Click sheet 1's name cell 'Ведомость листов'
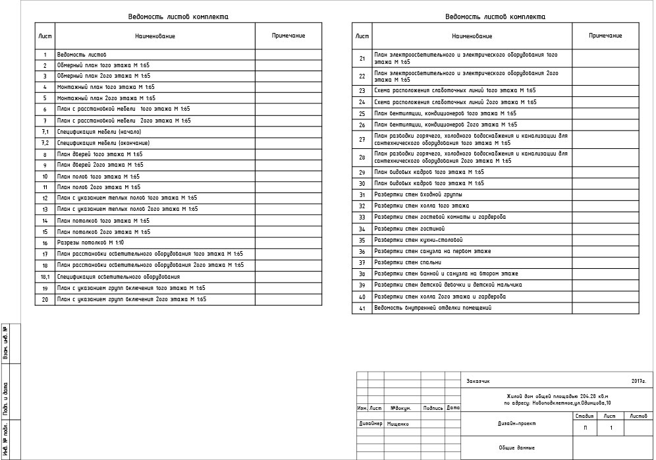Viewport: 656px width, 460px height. click(82, 55)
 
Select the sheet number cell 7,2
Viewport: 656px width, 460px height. click(45, 143)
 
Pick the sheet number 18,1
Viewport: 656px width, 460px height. click(45, 277)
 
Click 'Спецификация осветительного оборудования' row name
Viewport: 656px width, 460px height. click(119, 277)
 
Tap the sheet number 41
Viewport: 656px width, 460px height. click(362, 308)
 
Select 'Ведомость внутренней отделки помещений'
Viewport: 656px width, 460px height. click(433, 308)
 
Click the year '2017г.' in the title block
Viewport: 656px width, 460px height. click(638, 382)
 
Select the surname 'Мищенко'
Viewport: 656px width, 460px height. click(398, 424)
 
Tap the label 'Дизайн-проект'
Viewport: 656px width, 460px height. click(516, 424)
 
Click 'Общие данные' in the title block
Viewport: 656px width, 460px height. click(516, 447)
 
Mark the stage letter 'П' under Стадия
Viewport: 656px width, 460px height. click(585, 428)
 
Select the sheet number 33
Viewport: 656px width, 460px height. click(362, 217)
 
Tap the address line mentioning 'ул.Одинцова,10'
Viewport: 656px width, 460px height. click(557, 402)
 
